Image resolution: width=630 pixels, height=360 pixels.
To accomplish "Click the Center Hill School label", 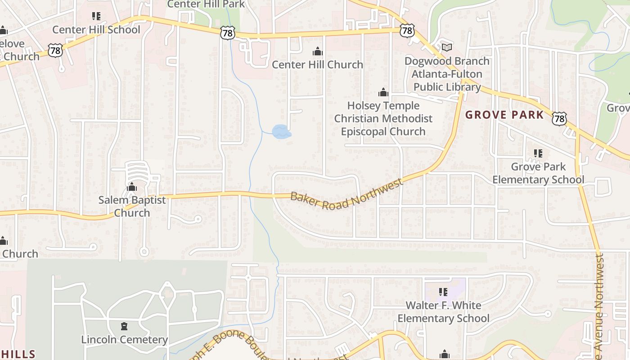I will coord(96,30).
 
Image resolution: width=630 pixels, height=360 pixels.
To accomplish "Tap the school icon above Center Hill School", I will coord(96,16).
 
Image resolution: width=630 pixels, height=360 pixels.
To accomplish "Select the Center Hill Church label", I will coord(317,64).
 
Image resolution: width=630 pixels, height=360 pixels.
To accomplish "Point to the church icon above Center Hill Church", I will coord(318,51).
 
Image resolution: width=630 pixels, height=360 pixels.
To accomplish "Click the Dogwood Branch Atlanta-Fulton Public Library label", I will coord(447,74).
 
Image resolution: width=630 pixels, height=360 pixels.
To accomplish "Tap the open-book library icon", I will coord(447,47).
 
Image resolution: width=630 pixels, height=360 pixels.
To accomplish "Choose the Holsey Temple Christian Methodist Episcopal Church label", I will coord(383,118).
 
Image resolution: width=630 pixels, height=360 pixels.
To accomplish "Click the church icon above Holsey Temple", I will coord(383,93).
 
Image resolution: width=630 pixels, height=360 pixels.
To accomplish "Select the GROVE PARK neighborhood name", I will coord(504,115).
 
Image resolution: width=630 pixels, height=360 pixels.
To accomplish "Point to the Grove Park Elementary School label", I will coord(538,173).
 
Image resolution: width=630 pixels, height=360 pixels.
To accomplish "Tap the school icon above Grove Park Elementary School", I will coord(538,153).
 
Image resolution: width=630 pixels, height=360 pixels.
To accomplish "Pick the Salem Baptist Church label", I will coord(132,206).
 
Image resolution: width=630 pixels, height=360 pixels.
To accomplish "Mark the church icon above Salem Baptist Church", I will coord(132,187).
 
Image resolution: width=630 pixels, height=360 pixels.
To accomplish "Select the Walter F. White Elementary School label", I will coord(443,312).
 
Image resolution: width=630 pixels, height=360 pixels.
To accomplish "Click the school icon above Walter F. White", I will coord(443,292).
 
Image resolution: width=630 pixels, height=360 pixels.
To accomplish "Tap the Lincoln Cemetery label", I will coord(125,339).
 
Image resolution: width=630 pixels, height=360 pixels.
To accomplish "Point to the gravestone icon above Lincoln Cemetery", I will coord(125,326).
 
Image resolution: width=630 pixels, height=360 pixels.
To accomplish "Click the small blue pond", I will coord(281,132).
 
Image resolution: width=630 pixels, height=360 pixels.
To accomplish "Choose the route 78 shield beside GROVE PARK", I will coord(559,118).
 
